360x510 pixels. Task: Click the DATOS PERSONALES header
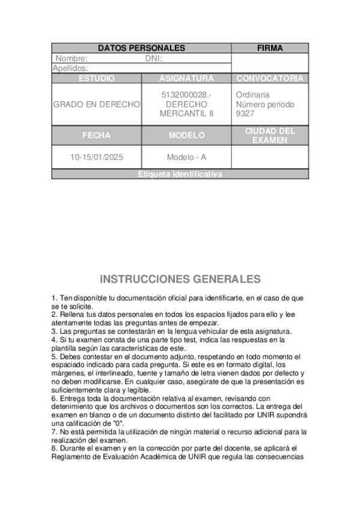[x=141, y=48]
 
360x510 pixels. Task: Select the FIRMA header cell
[x=270, y=48]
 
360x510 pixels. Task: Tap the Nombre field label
[x=72, y=59]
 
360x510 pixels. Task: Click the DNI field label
[x=154, y=59]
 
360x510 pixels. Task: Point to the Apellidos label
[x=70, y=69]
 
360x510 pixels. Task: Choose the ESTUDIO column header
[x=96, y=79]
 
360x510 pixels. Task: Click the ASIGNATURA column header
[x=186, y=79]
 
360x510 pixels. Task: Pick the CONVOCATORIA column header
[x=270, y=79]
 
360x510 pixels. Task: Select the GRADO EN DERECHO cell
[x=96, y=104]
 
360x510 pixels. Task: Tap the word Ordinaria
[x=252, y=95]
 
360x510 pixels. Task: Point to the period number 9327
[x=245, y=113]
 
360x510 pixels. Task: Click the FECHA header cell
[x=96, y=135]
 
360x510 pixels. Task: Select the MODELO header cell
[x=186, y=135]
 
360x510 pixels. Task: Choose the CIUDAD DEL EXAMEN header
[x=270, y=135]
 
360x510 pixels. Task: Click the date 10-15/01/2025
[x=96, y=157]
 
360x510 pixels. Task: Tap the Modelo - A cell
[x=186, y=157]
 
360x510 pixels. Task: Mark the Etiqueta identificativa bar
[x=180, y=174]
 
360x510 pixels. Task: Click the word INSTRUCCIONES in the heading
[x=144, y=279]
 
